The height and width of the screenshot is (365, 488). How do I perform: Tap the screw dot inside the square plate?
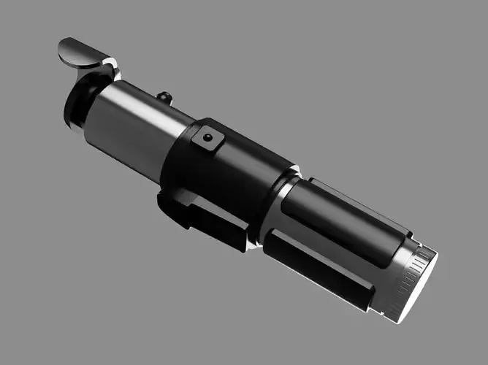coord(208,137)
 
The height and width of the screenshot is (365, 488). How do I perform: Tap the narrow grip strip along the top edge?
coord(358,201)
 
